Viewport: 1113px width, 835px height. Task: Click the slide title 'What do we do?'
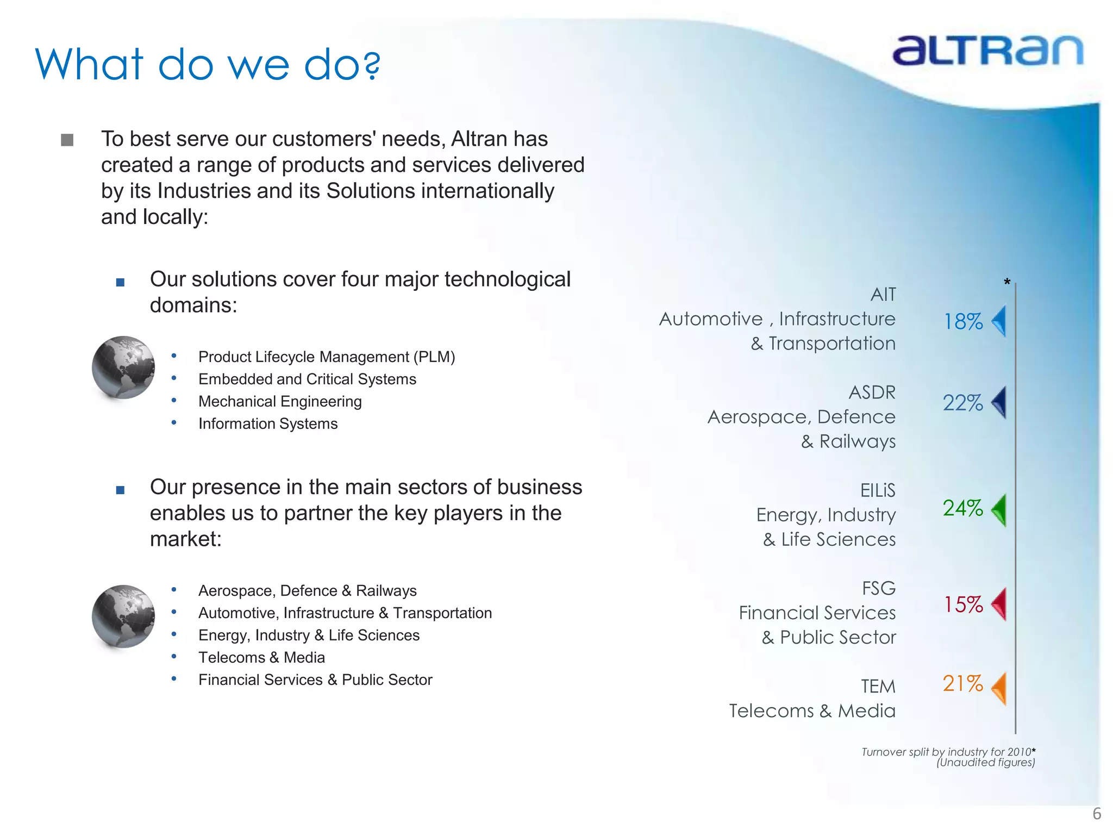point(208,65)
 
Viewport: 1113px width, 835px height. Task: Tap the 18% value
point(963,322)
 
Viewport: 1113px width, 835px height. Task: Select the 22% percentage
point(962,403)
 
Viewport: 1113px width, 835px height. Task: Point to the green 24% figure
point(962,508)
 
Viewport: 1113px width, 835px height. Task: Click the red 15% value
point(963,605)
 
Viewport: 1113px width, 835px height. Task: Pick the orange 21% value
point(962,684)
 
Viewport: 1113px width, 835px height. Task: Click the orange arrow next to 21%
point(999,688)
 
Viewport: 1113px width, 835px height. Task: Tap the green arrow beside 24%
point(999,510)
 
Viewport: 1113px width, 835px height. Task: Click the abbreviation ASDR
point(872,392)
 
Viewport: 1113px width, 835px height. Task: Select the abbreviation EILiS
point(877,490)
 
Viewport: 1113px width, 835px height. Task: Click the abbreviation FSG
point(878,588)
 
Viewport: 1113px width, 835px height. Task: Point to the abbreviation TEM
point(878,687)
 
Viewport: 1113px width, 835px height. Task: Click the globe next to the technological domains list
point(123,367)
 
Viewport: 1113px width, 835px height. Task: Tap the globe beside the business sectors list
point(123,616)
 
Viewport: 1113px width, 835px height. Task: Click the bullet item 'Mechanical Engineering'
point(280,401)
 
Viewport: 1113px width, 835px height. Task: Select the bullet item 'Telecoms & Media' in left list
point(261,657)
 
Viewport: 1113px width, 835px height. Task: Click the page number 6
point(1097,814)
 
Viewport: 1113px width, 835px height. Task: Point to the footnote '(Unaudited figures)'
point(985,762)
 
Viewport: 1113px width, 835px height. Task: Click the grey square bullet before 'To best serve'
point(67,140)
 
